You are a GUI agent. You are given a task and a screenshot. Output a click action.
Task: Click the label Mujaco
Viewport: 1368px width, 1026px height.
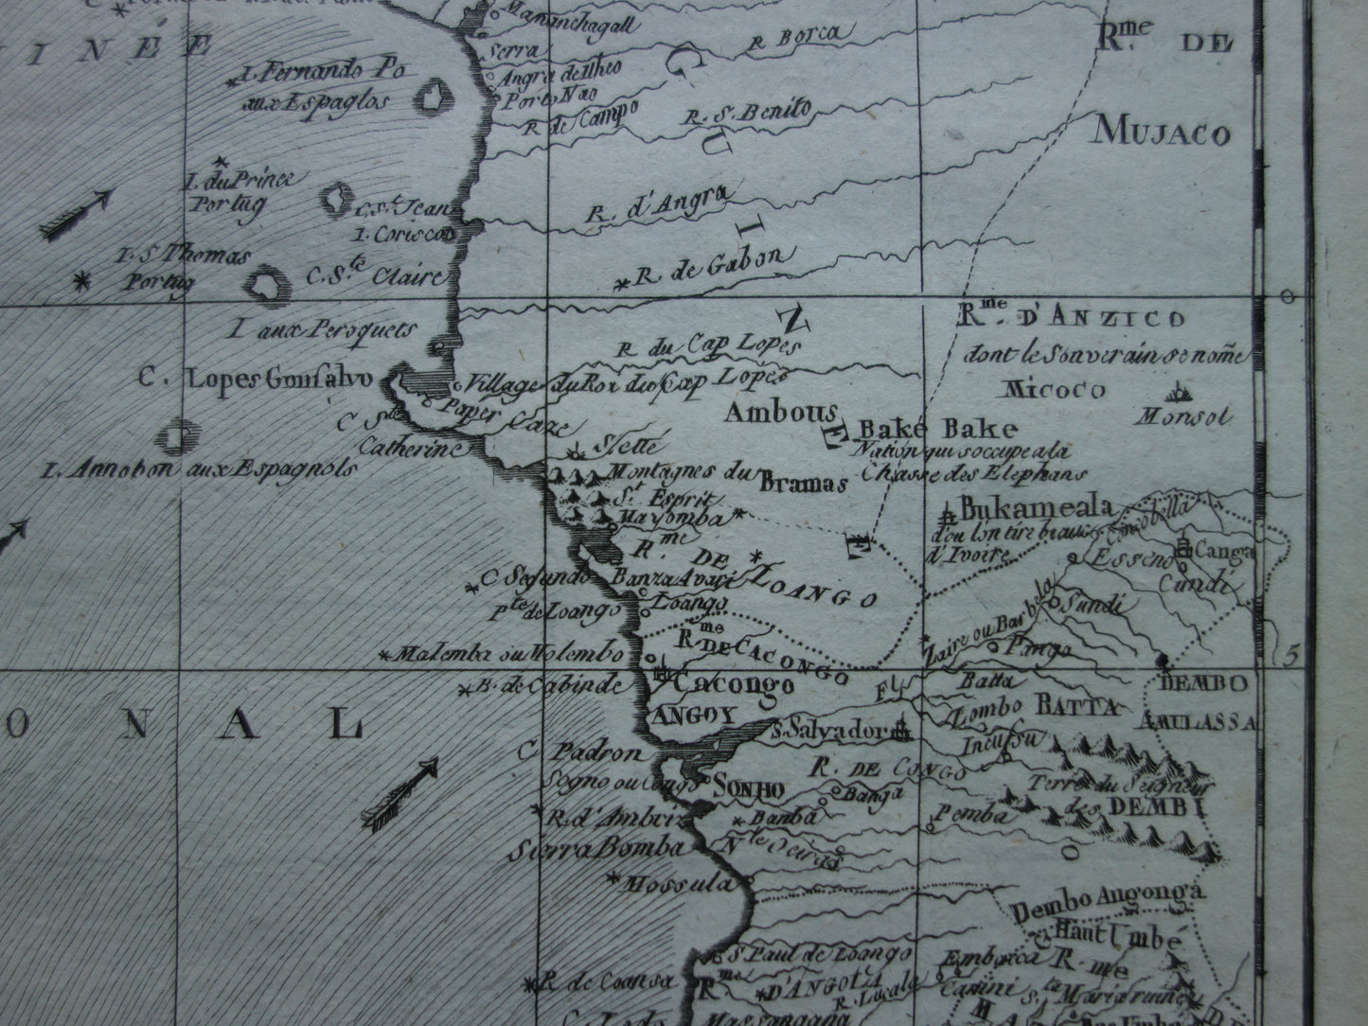tap(1162, 133)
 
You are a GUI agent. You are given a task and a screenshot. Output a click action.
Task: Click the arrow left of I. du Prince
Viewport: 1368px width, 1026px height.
tap(78, 213)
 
